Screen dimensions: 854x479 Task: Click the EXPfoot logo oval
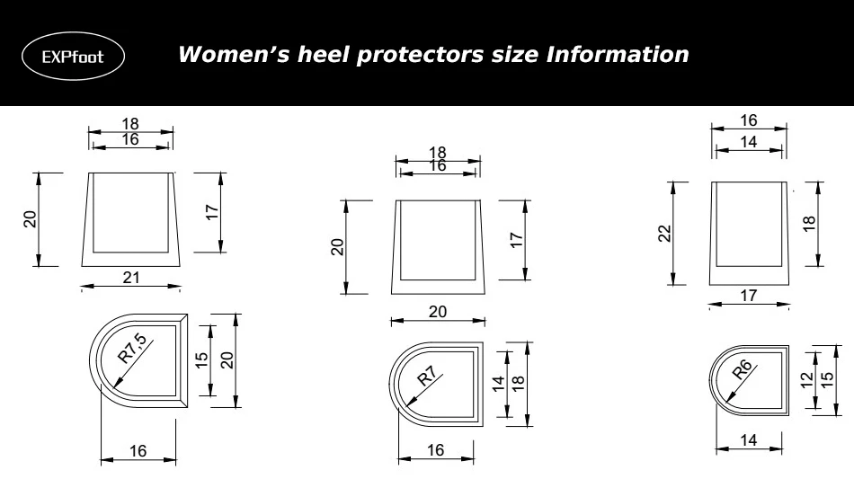pos(73,57)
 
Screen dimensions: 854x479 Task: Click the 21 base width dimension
pos(131,278)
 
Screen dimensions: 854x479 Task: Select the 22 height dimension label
pos(665,234)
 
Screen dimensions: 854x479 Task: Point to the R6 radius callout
pos(743,371)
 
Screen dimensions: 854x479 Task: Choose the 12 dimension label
pos(806,378)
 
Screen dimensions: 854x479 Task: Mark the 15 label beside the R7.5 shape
pos(202,359)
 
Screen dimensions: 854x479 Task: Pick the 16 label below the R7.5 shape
pos(138,451)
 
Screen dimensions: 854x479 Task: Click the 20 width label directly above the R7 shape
pos(437,312)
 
